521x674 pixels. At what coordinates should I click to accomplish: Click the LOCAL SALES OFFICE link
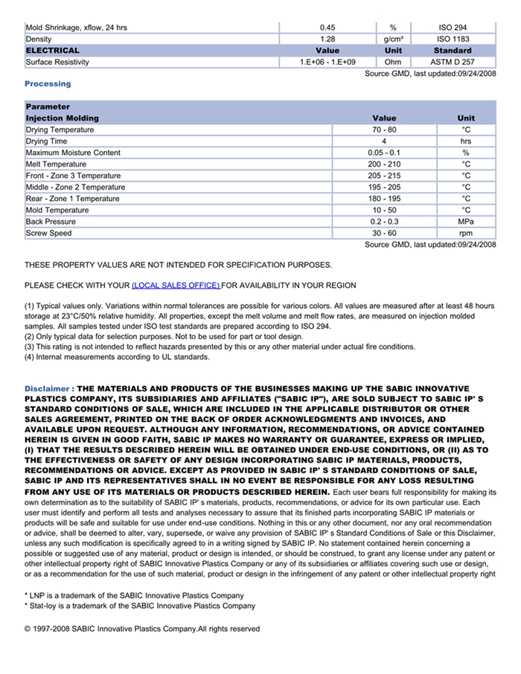point(176,286)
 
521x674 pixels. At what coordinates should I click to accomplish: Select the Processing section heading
point(48,84)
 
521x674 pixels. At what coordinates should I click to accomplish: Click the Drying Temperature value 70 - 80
point(384,130)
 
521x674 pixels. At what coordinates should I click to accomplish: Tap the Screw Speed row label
point(49,234)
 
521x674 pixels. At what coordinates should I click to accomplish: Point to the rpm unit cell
point(466,234)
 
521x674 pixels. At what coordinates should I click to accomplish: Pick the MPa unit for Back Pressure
point(466,222)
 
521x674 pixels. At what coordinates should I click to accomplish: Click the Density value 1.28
point(327,39)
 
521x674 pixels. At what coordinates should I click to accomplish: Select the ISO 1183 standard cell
point(453,39)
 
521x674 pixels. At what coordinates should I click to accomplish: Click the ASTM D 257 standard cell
point(453,62)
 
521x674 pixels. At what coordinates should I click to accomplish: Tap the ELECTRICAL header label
point(53,51)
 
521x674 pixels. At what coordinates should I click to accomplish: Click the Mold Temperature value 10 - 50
point(384,211)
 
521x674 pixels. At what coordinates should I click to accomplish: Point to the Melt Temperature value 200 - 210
point(384,164)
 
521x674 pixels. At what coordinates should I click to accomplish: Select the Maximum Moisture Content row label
point(73,153)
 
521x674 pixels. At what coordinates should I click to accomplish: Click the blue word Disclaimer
point(48,388)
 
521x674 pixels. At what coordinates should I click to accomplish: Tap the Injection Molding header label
point(62,118)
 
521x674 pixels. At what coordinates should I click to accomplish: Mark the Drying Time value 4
point(384,141)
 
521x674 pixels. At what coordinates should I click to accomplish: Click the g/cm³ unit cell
point(393,39)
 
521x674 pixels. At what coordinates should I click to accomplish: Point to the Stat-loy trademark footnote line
point(140,606)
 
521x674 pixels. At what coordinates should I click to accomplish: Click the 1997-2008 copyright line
point(142,629)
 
